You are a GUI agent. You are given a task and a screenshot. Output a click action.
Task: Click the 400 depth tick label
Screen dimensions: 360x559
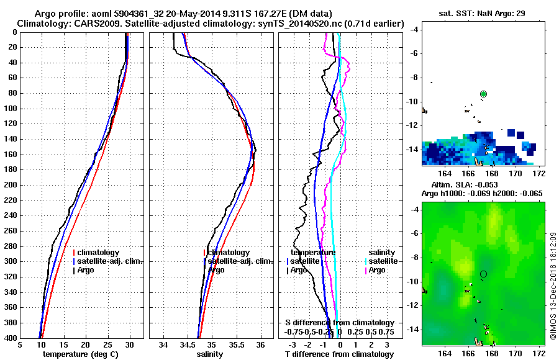tap(11, 338)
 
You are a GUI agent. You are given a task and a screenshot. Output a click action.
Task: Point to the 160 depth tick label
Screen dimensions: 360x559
tap(11, 155)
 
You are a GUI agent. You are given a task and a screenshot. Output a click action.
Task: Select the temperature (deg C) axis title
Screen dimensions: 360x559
tap(80, 354)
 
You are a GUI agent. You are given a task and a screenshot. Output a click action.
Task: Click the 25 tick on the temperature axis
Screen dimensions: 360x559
tap(107, 344)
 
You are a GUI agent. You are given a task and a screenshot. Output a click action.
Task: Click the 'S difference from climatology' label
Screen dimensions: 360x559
tap(340, 323)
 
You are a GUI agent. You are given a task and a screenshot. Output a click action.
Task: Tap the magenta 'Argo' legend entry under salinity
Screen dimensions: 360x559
tap(376, 270)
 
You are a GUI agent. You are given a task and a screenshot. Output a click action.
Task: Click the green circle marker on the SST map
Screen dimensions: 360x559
tap(483, 94)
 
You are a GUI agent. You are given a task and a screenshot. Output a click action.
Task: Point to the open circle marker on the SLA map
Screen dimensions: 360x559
tap(483, 274)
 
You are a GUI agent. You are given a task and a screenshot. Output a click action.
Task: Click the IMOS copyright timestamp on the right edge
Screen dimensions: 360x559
tap(553, 286)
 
